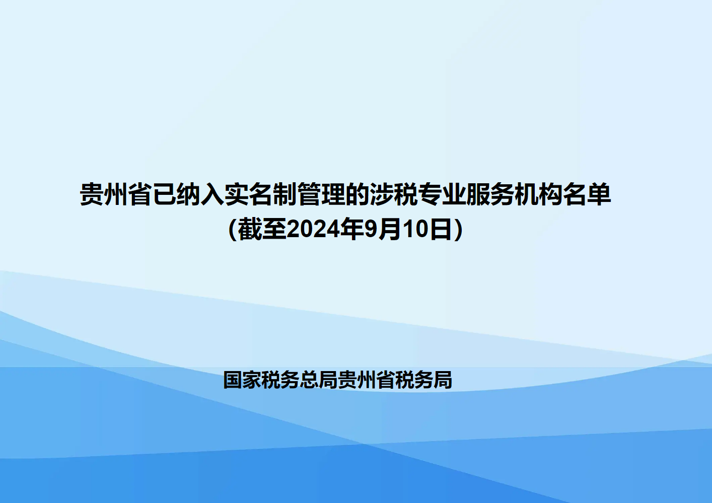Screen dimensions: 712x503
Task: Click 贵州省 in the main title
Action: pyautogui.click(x=116, y=194)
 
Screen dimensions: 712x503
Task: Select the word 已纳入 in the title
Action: pyautogui.click(x=188, y=194)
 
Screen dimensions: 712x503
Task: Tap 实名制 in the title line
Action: pyautogui.click(x=261, y=194)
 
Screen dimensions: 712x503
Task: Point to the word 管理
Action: pyautogui.click(x=321, y=194)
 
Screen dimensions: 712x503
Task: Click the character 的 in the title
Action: pyautogui.click(x=358, y=194)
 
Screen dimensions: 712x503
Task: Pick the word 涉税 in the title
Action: pyautogui.click(x=393, y=194)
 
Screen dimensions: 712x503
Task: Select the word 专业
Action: pyautogui.click(x=442, y=194)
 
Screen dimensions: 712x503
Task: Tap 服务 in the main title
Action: pyautogui.click(x=490, y=194)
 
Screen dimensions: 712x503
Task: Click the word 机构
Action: pyautogui.click(x=538, y=194)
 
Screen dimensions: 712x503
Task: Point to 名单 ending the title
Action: pyautogui.click(x=587, y=194)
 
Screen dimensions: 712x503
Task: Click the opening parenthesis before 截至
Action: pyautogui.click(x=233, y=230)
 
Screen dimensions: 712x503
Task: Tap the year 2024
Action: pyautogui.click(x=313, y=230)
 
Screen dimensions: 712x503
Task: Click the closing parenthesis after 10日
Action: pyautogui.click(x=458, y=230)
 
